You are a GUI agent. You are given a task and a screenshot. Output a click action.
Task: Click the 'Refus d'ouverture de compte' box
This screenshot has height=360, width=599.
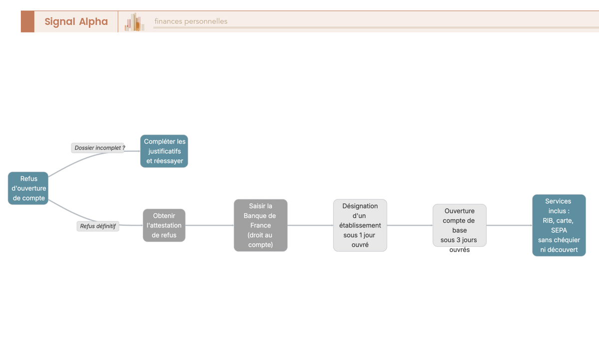click(x=28, y=188)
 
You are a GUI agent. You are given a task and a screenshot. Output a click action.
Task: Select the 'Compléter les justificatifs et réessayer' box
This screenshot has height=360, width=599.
click(x=164, y=151)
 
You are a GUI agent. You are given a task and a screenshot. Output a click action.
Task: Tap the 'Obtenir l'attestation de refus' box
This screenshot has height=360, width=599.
click(x=164, y=225)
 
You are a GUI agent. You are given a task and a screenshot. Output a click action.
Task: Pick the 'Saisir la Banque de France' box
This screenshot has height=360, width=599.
click(x=261, y=225)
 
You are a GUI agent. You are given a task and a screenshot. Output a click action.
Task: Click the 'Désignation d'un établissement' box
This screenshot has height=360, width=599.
click(x=360, y=225)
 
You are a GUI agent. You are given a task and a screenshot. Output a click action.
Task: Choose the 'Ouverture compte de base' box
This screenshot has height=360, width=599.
click(x=459, y=225)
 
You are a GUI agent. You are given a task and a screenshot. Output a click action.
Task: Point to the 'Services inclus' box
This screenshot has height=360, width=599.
click(x=559, y=225)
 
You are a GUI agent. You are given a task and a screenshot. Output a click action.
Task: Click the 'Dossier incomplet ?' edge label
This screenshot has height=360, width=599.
click(x=98, y=148)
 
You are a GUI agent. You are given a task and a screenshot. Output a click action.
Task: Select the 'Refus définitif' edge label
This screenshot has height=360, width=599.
click(x=98, y=226)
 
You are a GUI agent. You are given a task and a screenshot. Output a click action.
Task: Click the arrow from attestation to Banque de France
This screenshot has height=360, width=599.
click(x=210, y=225)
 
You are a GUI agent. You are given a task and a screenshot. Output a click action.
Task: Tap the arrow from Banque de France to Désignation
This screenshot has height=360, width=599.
click(x=310, y=225)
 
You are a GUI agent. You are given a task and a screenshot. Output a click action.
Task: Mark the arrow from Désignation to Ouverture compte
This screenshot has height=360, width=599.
click(x=410, y=225)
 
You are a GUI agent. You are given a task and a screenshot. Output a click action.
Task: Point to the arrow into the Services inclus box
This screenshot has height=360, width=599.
click(x=510, y=225)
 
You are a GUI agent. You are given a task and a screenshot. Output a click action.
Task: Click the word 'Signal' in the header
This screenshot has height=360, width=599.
click(x=60, y=21)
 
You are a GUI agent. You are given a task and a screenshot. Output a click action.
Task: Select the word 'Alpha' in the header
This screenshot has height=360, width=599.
click(x=93, y=21)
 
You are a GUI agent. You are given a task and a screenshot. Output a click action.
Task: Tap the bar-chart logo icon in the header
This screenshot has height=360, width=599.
click(x=134, y=21)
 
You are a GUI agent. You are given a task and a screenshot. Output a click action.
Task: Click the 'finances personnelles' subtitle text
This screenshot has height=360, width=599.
click(x=191, y=21)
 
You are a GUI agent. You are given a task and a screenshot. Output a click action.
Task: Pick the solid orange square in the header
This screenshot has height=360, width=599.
click(x=27, y=21)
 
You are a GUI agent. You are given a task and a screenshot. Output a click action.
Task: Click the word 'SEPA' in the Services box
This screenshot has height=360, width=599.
click(x=559, y=230)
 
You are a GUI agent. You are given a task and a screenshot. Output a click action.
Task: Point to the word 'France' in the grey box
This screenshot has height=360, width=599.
click(x=261, y=226)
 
